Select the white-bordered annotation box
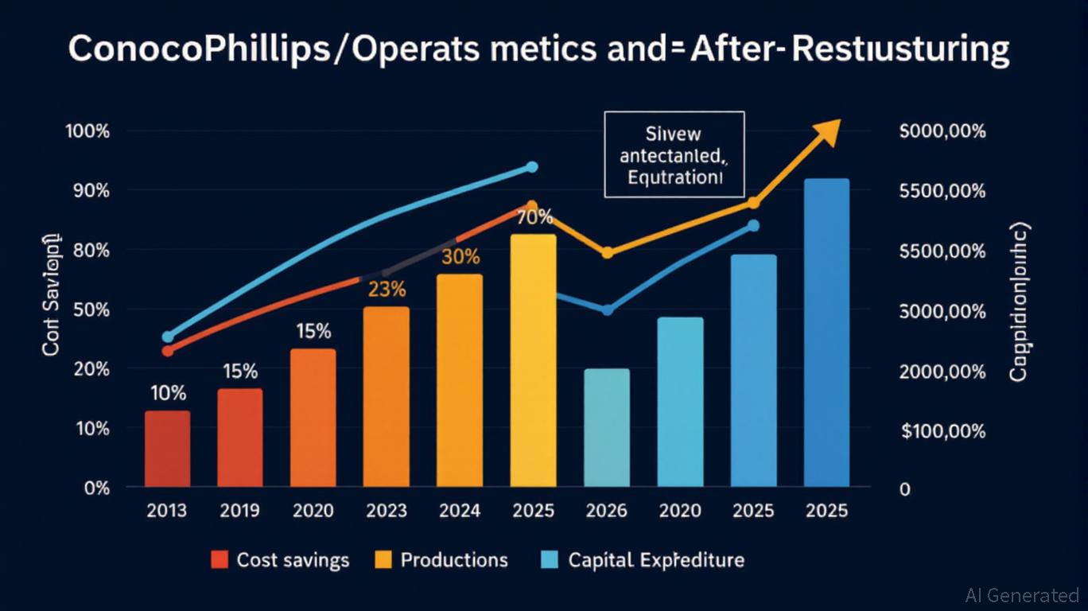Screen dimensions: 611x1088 click(674, 154)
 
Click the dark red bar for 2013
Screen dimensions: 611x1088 click(167, 448)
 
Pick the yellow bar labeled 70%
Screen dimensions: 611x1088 click(533, 360)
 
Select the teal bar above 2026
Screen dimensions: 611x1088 click(606, 427)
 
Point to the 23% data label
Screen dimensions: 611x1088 click(387, 290)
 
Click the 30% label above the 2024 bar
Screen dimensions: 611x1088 click(460, 257)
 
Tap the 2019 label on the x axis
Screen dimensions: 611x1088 click(240, 510)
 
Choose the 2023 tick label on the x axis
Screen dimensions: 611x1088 click(387, 510)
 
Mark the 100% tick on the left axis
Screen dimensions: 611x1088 click(87, 131)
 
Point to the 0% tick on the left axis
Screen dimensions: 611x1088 click(95, 488)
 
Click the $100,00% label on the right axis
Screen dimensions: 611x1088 click(943, 431)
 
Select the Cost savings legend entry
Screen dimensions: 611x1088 click(280, 560)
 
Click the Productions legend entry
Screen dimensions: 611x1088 click(441, 560)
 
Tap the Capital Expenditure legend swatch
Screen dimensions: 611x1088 click(549, 560)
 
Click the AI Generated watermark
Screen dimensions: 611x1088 click(1021, 594)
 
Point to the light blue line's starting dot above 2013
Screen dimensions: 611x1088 click(167, 337)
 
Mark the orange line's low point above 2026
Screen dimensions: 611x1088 click(607, 253)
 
